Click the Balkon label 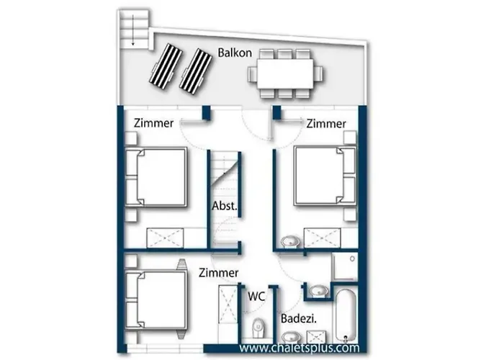click(235, 53)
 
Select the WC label click(256, 296)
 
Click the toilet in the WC click(258, 328)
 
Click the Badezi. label click(299, 318)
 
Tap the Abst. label click(225, 206)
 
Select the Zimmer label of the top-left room click(153, 123)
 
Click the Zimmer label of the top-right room click(326, 124)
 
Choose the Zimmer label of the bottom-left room click(219, 273)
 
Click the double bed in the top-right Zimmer click(325, 175)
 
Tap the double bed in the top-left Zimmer click(156, 177)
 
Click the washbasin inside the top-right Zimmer click(290, 242)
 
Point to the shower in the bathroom click(345, 267)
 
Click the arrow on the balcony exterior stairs click(132, 30)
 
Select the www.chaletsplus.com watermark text click(300, 348)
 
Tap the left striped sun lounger click(166, 66)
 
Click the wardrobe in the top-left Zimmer click(165, 238)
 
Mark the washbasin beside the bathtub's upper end click(319, 291)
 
